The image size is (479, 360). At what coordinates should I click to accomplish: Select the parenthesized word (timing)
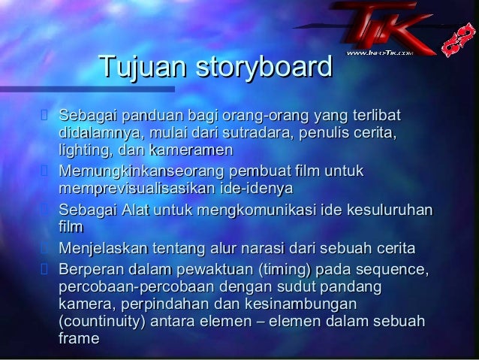(x=282, y=269)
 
